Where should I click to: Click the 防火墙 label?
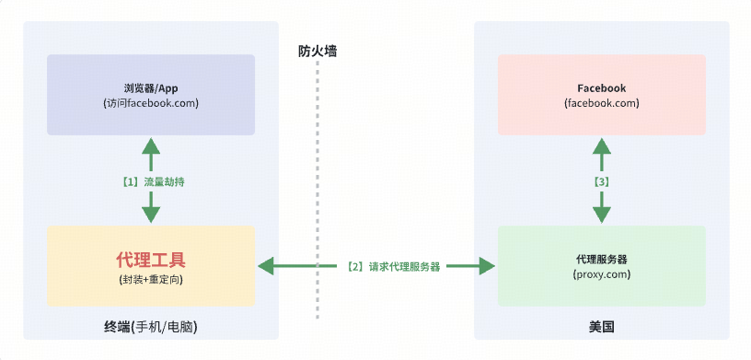coord(318,52)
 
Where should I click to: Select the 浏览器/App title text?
coord(151,88)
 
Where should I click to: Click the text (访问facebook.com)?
coord(151,103)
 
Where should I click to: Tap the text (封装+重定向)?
coord(151,278)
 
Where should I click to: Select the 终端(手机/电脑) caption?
coord(151,327)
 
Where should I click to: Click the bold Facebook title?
coord(601,88)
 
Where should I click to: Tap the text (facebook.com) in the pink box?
coord(601,103)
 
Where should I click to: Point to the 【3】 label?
coord(601,181)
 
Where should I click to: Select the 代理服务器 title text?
coord(601,259)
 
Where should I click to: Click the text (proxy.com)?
coord(601,274)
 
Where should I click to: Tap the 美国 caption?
coord(601,327)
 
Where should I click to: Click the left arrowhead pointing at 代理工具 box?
coord(267,267)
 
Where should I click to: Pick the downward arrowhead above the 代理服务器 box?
coord(601,215)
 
